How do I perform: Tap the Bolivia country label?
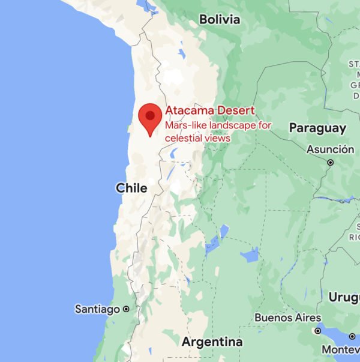tap(220, 19)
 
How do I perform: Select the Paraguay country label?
tap(317, 128)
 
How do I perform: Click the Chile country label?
tap(131, 188)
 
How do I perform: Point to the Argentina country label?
tap(212, 342)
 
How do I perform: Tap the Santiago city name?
tap(97, 309)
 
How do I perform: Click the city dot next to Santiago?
tap(126, 309)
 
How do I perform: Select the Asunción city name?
tap(330, 149)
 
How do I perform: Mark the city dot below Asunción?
tap(331, 162)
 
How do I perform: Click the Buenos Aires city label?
tap(287, 318)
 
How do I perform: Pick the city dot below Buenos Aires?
tap(318, 330)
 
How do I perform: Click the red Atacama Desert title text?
tap(210, 110)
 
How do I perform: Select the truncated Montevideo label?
tap(340, 349)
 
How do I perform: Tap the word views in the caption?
tap(220, 138)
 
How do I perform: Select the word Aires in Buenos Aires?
tap(306, 318)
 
